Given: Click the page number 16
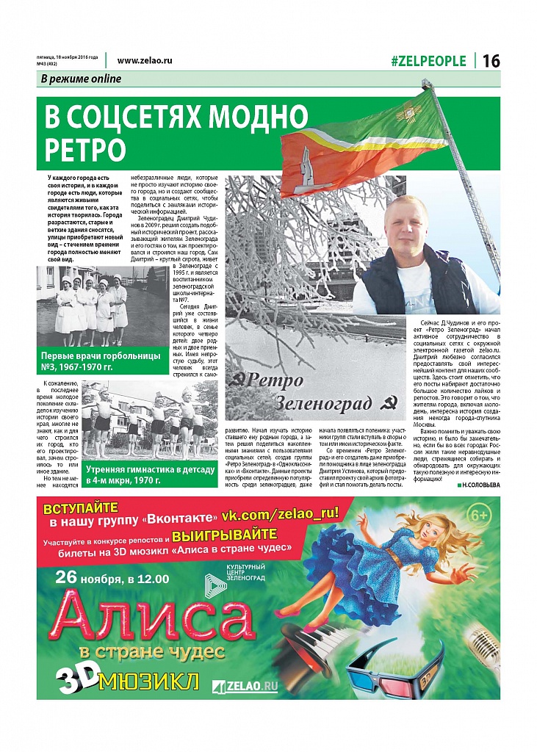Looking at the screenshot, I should point(491,61).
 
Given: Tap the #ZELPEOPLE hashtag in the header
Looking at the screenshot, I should point(428,61).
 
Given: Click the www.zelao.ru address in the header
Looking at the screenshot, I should point(144,61).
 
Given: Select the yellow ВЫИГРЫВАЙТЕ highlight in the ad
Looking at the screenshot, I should point(224,534).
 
